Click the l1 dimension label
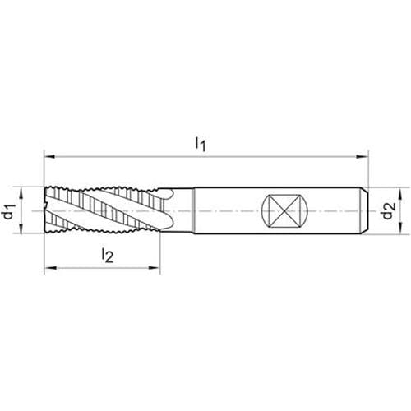coord(201,144)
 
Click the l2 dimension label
coord(107,256)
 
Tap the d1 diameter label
coord(9,211)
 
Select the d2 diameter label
coord(389,210)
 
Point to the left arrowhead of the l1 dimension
coord(50,157)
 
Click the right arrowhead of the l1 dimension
coord(362,157)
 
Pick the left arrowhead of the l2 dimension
coord(50,268)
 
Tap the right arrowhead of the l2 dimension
coord(154,268)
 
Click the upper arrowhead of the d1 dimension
coord(21,194)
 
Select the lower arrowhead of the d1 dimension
coord(21,227)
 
